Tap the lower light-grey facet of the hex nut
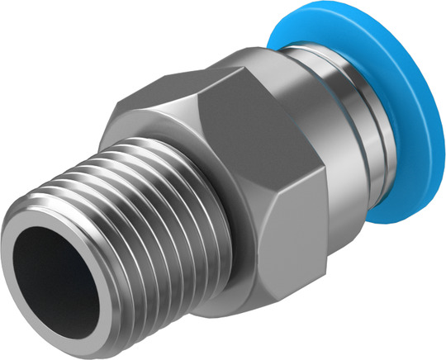click(289, 248)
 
